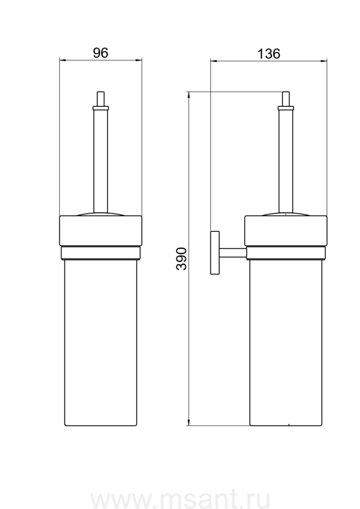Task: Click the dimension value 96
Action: [x=100, y=53]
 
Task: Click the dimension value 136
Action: [x=269, y=54]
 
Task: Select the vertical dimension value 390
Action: [x=181, y=258]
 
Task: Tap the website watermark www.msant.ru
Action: [x=180, y=501]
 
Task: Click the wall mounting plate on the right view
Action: [x=215, y=253]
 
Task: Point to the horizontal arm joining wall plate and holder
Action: [x=232, y=253]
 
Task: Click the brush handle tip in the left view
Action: [x=101, y=98]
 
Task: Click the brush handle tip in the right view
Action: [x=286, y=98]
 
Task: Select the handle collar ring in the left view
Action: [x=101, y=108]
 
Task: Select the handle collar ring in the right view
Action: [x=286, y=108]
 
